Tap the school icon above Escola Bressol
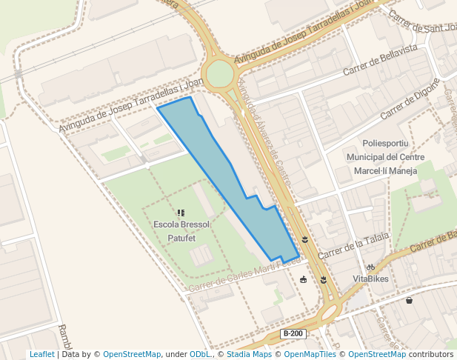(x=181, y=213)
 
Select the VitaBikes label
(x=370, y=279)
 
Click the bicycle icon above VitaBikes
(x=370, y=267)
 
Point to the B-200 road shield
(x=293, y=334)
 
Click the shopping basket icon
(x=410, y=301)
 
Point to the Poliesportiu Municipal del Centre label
(x=385, y=157)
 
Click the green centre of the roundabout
(x=220, y=74)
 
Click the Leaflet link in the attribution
(x=41, y=354)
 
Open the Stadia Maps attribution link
(x=249, y=354)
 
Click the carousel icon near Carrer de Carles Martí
(x=303, y=279)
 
